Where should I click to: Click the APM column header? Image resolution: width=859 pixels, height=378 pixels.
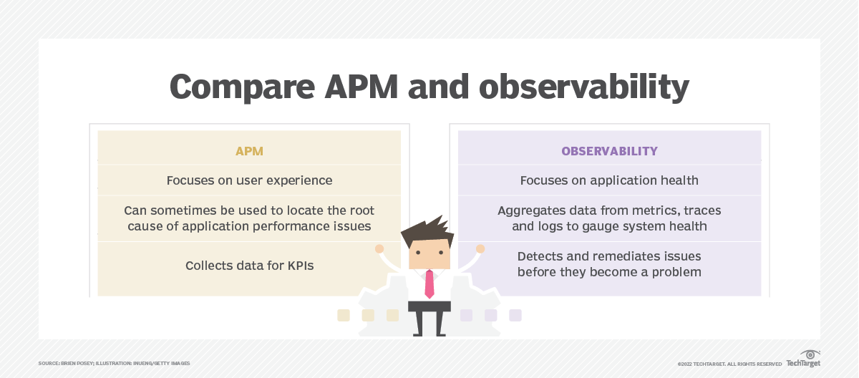coord(249,151)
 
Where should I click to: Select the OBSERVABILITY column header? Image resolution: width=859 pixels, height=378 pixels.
coord(609,151)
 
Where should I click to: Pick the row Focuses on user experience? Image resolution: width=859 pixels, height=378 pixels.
coord(249,180)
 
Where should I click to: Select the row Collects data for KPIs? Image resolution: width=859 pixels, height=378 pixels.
coord(249,266)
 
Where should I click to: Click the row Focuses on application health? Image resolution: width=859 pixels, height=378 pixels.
coord(609,180)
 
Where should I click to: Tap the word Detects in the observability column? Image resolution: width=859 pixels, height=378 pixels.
coord(538,256)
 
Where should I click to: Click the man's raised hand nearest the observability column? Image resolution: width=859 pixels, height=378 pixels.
coord(480,248)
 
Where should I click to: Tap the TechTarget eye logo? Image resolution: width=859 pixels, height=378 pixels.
coord(810,355)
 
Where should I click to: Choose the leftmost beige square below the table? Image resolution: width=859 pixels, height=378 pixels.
coord(344,315)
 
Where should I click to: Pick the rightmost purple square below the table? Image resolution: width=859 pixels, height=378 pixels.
coord(515,315)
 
